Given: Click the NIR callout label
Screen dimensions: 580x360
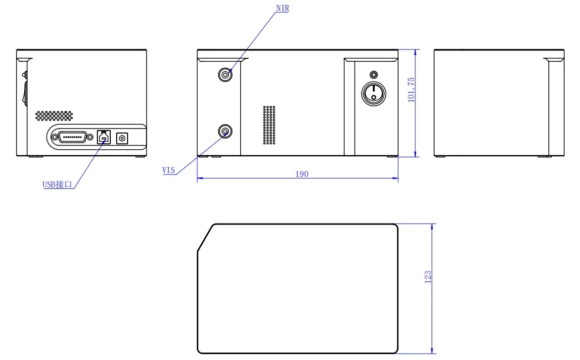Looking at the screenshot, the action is [283, 8].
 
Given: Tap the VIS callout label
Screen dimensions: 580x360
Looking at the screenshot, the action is [168, 170].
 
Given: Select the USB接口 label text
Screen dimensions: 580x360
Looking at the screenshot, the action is [57, 184].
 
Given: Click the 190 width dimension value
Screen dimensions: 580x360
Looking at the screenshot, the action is [302, 174].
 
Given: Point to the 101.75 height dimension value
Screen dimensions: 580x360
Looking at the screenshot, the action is [411, 90].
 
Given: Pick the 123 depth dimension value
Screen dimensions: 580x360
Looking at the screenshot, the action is [428, 277].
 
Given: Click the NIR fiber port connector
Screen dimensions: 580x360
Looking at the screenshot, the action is [225, 75].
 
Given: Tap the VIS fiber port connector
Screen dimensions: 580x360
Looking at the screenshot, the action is [225, 132].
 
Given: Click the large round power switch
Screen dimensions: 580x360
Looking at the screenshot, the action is [374, 93].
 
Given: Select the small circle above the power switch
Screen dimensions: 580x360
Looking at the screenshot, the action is [374, 75].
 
